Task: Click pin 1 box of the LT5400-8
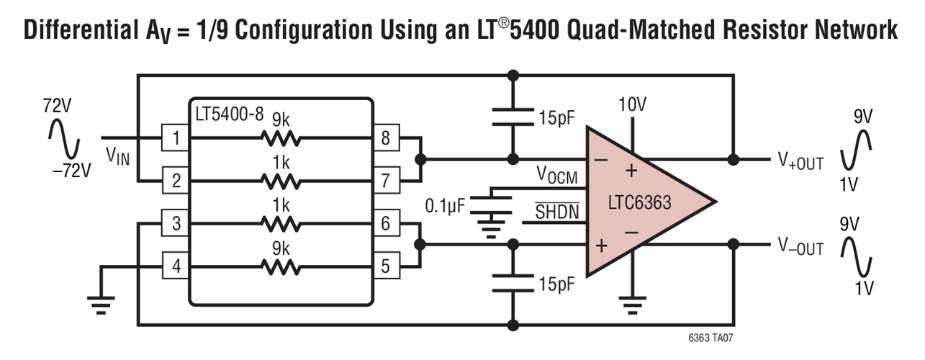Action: pos(175,137)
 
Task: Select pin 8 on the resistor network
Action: pos(385,137)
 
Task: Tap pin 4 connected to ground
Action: pos(175,267)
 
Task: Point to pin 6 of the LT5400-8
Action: pos(385,224)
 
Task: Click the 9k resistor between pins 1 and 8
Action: pos(281,137)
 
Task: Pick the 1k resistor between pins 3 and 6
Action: pos(281,224)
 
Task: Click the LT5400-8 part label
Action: pos(230,114)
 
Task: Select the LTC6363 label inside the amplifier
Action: pos(639,202)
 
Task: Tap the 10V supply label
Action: pos(632,105)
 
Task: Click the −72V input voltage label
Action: pos(72,171)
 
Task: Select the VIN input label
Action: pos(117,154)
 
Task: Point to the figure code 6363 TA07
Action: pos(710,337)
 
